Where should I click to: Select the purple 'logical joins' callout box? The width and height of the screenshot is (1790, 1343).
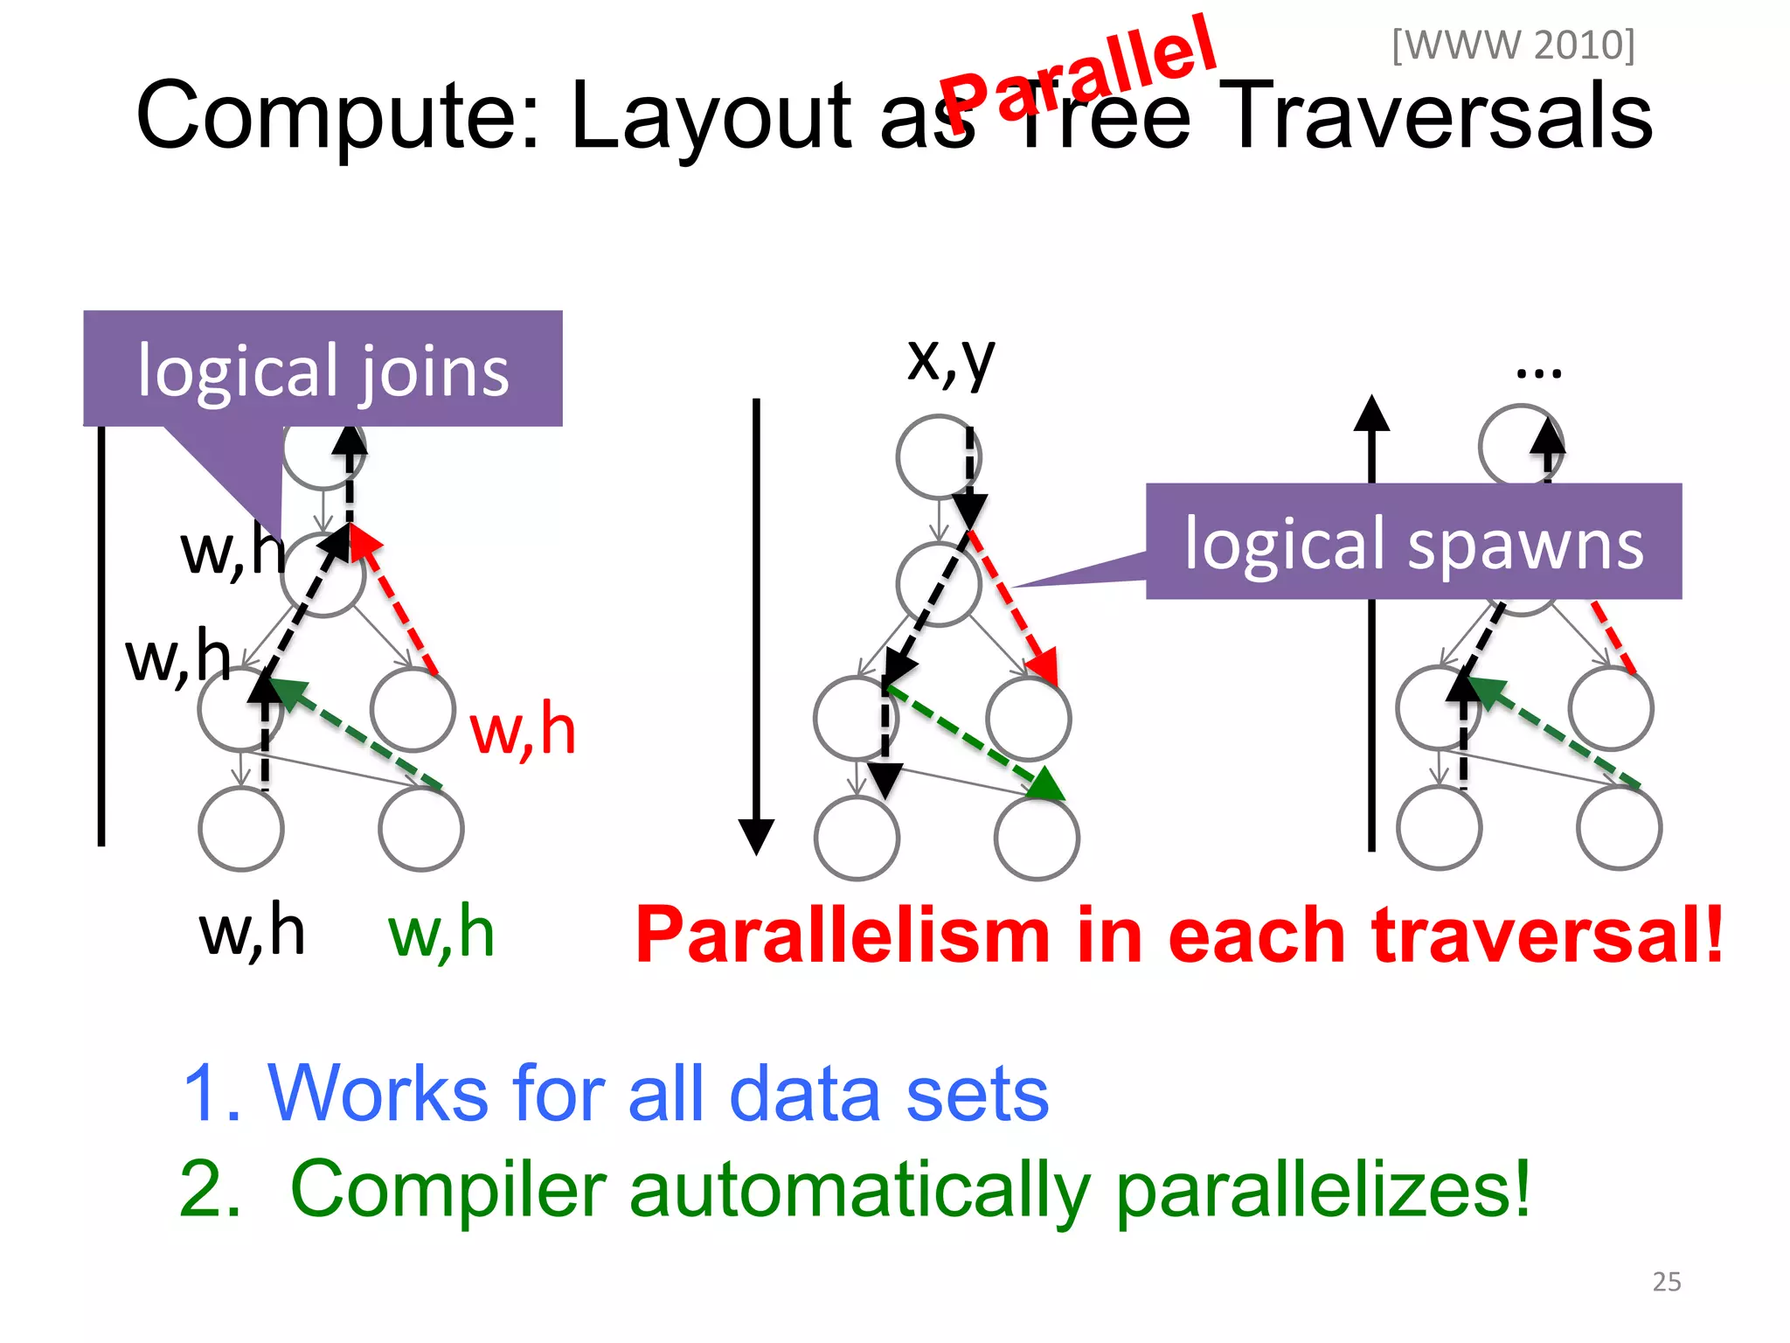tap(323, 369)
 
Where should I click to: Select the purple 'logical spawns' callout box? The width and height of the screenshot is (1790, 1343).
tap(1413, 542)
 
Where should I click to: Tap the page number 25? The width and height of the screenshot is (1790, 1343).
tap(1666, 1281)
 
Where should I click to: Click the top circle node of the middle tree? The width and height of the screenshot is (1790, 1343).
tap(938, 457)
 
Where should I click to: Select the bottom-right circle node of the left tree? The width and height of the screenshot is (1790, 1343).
tap(421, 829)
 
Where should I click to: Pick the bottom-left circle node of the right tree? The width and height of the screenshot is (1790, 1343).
tap(1439, 827)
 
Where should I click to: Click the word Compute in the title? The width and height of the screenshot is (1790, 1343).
tap(336, 115)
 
